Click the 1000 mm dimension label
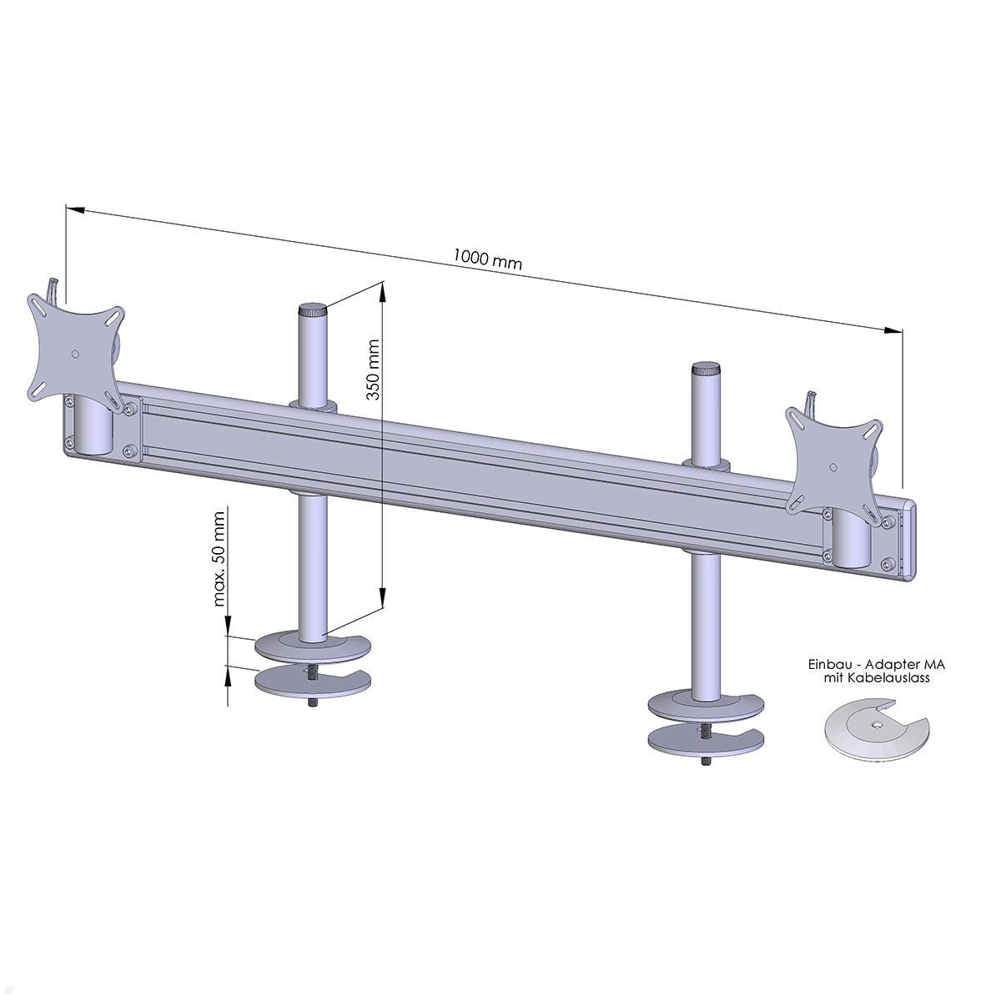(487, 259)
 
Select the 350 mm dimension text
(372, 370)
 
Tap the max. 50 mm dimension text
(219, 559)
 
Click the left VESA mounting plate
(76, 354)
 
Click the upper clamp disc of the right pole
(707, 707)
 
